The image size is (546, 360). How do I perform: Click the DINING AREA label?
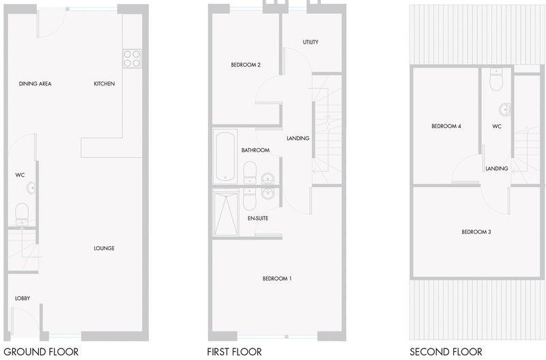click(35, 84)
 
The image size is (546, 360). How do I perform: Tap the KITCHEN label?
click(104, 84)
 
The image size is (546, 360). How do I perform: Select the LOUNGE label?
click(104, 248)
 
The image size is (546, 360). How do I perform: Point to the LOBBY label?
click(23, 299)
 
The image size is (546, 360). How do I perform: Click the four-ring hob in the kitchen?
click(131, 58)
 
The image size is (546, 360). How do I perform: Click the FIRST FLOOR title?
click(234, 352)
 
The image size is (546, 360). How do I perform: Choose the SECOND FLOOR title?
click(446, 352)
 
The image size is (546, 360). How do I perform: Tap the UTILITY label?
click(311, 42)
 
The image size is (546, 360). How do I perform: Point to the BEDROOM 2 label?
click(246, 65)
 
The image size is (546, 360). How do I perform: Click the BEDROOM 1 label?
click(277, 278)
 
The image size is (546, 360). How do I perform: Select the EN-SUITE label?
click(258, 218)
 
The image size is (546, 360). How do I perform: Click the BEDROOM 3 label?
click(476, 232)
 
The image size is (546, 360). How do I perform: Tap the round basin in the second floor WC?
click(504, 109)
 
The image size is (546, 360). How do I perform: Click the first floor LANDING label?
click(298, 139)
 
